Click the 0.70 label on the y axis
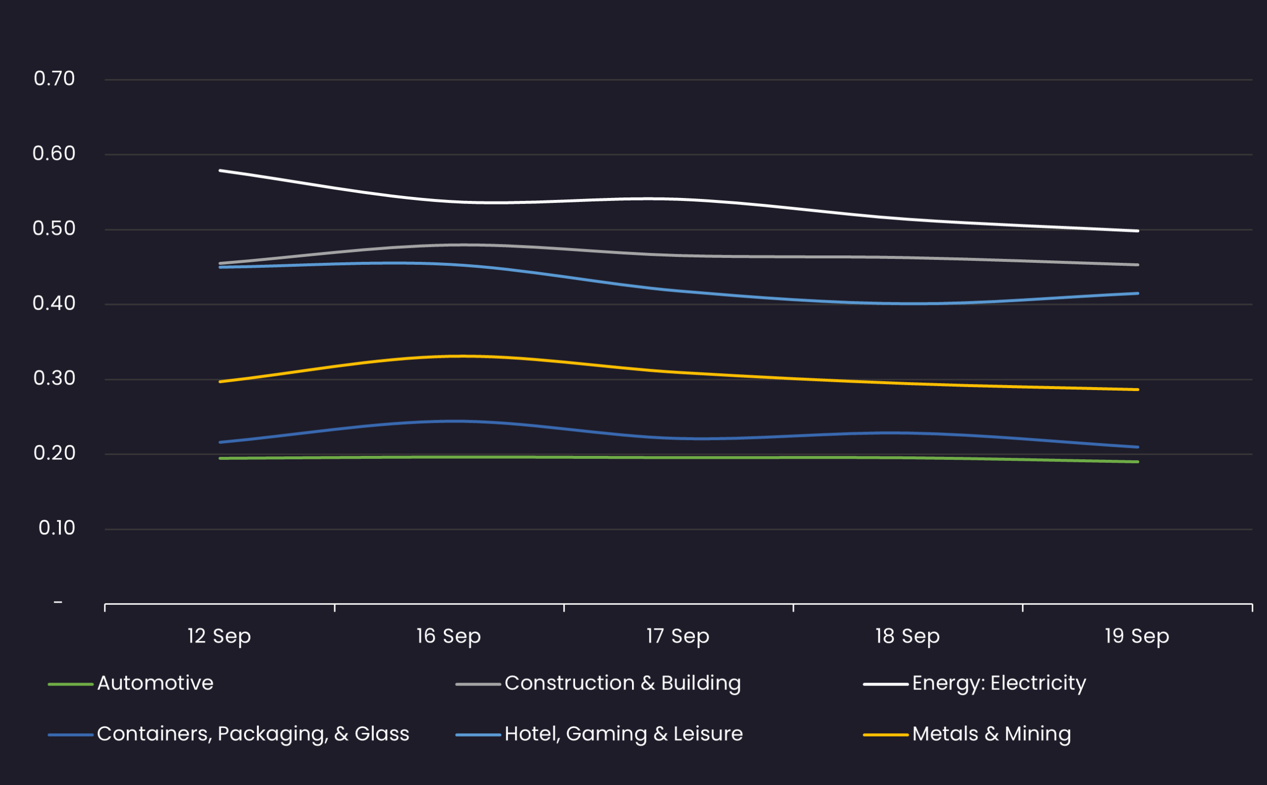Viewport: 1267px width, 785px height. point(54,79)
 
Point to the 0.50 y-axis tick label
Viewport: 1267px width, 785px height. point(54,229)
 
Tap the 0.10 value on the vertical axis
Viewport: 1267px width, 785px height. point(56,528)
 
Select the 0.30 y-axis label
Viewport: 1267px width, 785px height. point(54,379)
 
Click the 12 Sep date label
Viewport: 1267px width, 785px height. point(219,636)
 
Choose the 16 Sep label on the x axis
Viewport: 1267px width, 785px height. point(448,636)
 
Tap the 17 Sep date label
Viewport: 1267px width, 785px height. point(678,636)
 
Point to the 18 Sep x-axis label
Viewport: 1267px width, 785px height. point(907,636)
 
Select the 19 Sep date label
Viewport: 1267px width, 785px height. point(1137,636)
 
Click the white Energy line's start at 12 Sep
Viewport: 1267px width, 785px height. point(220,170)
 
